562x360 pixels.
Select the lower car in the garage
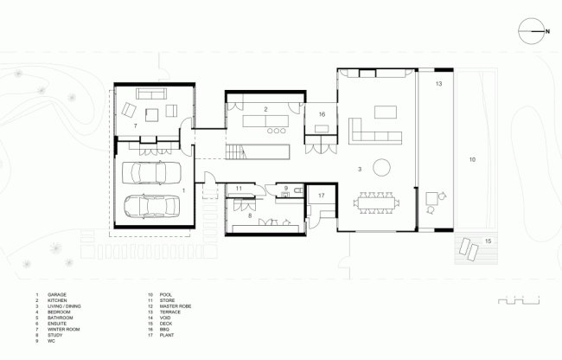149,207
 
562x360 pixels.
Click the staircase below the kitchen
236,153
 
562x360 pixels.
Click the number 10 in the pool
472,160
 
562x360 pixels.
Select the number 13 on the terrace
438,84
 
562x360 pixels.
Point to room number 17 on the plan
320,196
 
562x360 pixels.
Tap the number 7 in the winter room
135,126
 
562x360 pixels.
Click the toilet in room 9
295,192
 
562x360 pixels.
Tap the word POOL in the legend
166,295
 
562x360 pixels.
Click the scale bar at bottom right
518,300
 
